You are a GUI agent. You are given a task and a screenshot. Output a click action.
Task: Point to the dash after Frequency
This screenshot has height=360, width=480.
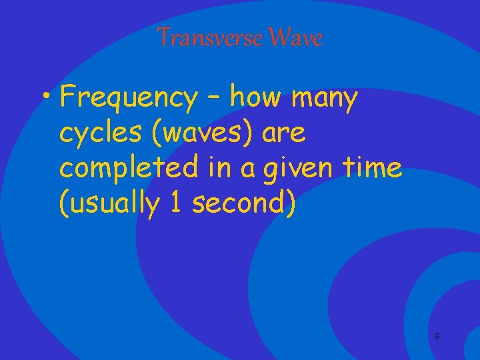(213, 99)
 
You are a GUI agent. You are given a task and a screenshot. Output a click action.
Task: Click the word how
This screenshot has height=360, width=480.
(257, 99)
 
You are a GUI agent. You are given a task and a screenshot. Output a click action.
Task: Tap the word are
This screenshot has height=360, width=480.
(284, 134)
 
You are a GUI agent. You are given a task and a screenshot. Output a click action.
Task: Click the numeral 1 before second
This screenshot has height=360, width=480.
(175, 204)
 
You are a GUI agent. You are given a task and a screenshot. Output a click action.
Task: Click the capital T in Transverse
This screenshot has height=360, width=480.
(164, 39)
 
